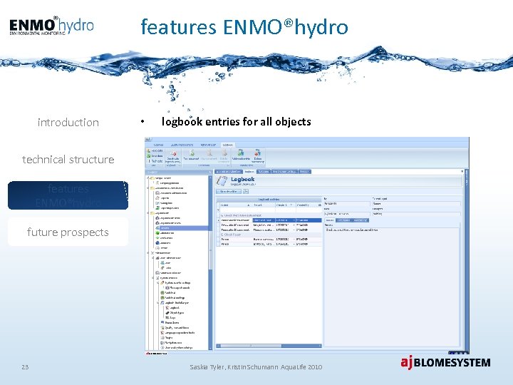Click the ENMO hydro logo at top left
[x=51, y=26]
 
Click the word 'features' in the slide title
[x=179, y=27]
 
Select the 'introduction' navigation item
[x=68, y=123]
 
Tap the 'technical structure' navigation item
[x=68, y=160]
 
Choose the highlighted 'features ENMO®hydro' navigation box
[x=68, y=195]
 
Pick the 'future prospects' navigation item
[x=68, y=232]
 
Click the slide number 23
[x=25, y=366]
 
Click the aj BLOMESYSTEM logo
[x=445, y=363]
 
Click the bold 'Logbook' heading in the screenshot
[x=242, y=179]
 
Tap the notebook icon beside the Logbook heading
[x=223, y=181]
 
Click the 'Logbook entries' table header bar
[x=269, y=201]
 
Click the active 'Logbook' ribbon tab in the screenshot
[x=227, y=144]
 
